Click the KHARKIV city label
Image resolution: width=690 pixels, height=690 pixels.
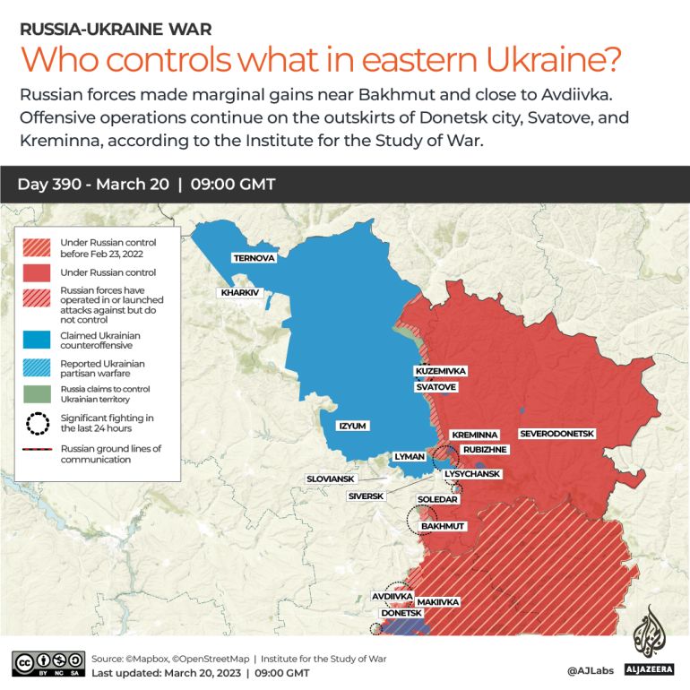coord(239,292)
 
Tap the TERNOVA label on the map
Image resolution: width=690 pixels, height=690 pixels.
coord(254,258)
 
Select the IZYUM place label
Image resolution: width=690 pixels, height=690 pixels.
coord(351,426)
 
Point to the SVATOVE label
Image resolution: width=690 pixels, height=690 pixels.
coord(436,387)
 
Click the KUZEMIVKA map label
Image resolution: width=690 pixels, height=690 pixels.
coord(441,371)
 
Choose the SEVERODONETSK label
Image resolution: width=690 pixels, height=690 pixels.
coord(556,434)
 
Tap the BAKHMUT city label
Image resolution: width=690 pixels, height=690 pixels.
coord(443,526)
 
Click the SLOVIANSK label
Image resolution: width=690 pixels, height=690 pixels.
coord(331,479)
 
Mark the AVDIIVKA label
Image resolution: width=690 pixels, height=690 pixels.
coord(392,596)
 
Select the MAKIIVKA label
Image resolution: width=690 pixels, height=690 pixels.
coord(438,602)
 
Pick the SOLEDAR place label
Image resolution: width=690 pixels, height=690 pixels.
coord(437,499)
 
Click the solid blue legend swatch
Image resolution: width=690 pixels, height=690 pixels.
coord(37,339)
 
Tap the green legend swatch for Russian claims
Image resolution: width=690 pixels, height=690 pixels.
coord(37,394)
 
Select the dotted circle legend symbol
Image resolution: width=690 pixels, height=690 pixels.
coord(37,422)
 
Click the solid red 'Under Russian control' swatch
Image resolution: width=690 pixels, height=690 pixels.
coord(37,271)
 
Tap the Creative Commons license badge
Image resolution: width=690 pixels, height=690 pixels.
coord(48,664)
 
